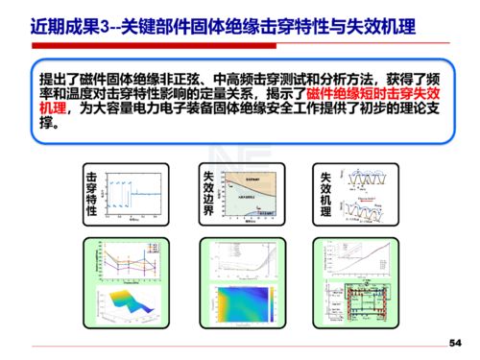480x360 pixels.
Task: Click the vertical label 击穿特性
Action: tap(92, 195)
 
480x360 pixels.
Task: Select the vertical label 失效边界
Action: tap(208, 195)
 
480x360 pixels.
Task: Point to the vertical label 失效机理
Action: tap(324, 195)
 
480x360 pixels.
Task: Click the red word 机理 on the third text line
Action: tap(54, 111)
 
